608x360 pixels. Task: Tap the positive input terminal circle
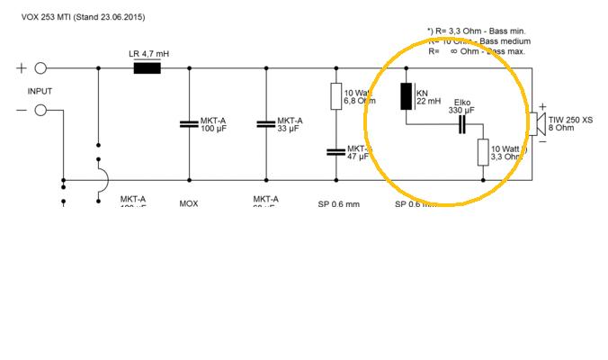coord(40,68)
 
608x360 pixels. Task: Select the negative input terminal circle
coord(40,110)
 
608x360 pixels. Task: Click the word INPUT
coord(40,91)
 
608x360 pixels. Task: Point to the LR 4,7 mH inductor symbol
coord(147,68)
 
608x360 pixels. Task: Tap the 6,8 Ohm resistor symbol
coord(335,97)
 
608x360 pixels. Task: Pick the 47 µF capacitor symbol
coord(335,151)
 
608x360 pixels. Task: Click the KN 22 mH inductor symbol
coord(406,97)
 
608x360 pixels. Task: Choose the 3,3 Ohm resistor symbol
coord(483,152)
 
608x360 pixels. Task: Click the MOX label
coord(189,203)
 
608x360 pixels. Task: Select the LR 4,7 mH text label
coord(149,54)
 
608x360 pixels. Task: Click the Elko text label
coord(463,102)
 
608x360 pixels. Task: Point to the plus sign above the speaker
coord(542,105)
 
